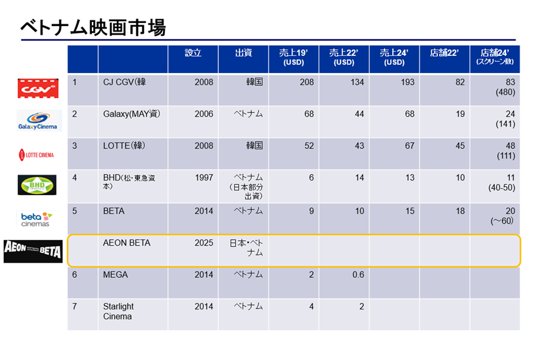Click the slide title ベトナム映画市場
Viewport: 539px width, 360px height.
point(93,27)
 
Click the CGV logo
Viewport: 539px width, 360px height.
point(38,88)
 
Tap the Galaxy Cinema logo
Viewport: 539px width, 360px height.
point(39,120)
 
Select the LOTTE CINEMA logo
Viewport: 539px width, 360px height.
point(36,154)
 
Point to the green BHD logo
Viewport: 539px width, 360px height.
point(37,185)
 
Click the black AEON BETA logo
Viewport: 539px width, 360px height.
point(33,251)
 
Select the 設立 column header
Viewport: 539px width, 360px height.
point(193,53)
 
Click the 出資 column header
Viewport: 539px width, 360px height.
point(243,53)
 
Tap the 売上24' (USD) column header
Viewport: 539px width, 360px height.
point(394,58)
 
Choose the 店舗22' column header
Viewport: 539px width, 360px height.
point(444,53)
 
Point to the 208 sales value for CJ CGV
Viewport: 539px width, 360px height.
point(307,82)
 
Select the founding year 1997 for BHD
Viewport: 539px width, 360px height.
point(204,178)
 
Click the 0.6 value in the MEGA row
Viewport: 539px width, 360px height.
point(358,274)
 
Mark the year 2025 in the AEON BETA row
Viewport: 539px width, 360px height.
point(204,243)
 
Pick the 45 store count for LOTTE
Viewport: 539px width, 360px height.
point(460,146)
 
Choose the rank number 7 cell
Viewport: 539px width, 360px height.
point(75,306)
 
